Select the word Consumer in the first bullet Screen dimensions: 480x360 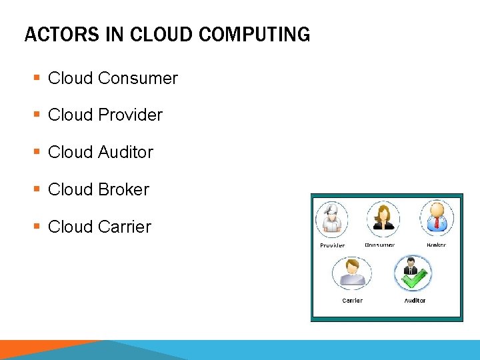point(137,78)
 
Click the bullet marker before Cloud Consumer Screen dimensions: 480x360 point(36,79)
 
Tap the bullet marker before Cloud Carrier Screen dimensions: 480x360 point(36,227)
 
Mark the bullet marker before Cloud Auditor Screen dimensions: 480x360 point(36,153)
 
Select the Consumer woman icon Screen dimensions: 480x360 point(383,218)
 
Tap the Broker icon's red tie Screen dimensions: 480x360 point(437,224)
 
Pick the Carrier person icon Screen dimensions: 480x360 point(351,273)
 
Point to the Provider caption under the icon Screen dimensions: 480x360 point(332,246)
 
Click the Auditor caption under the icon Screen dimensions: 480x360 point(415,301)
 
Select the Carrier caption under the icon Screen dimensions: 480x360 point(352,301)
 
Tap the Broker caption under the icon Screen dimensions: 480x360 point(436,245)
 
